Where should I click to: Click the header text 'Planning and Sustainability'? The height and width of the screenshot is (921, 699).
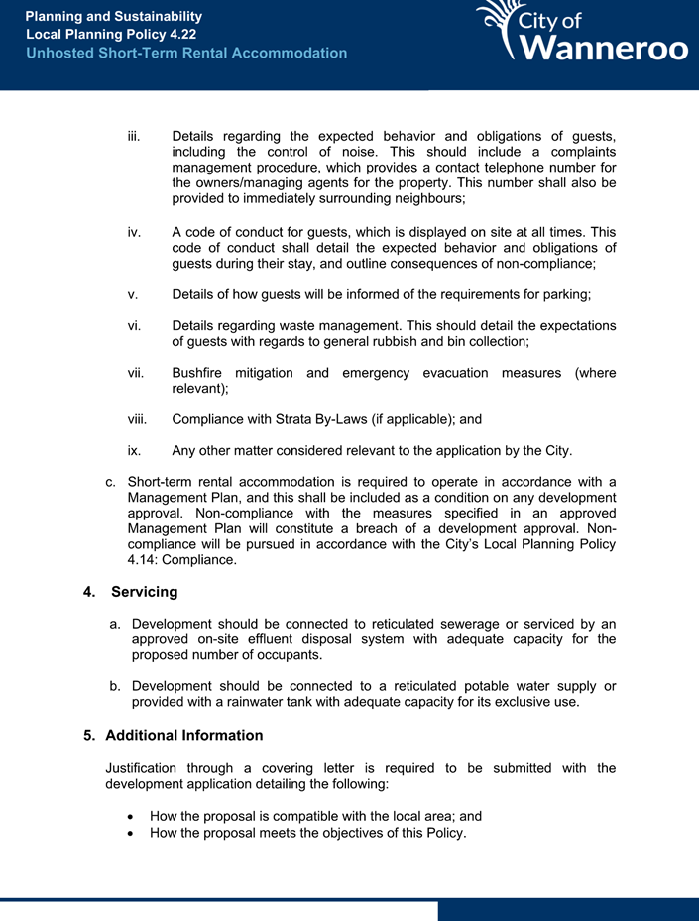[113, 17]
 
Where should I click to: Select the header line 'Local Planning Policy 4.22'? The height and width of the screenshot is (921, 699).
[111, 35]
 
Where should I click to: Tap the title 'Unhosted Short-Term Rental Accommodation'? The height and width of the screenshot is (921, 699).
[186, 53]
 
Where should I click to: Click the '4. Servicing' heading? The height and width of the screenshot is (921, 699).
[131, 592]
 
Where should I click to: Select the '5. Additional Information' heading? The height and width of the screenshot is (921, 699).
[174, 736]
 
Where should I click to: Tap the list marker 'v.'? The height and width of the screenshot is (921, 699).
[133, 294]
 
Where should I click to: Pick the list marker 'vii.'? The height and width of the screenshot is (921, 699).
[136, 373]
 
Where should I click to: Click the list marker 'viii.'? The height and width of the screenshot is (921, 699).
[138, 419]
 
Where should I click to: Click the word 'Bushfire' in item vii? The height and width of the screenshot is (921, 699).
[200, 373]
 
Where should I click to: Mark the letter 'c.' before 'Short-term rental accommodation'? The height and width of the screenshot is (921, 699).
[111, 482]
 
